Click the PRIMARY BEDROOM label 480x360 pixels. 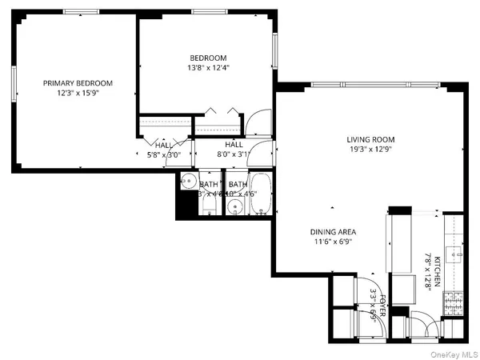78,82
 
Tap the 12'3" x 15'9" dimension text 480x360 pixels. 78,93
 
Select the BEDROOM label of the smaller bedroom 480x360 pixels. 208,58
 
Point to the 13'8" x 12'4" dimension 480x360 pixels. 208,68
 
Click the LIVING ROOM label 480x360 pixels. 370,139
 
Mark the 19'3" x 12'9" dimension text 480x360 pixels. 370,150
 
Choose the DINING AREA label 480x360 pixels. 334,232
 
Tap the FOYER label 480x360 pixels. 383,307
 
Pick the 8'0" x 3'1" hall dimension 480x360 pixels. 234,155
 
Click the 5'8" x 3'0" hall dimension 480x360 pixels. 164,155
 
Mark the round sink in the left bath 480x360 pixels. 186,180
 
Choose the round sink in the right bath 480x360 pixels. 235,207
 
